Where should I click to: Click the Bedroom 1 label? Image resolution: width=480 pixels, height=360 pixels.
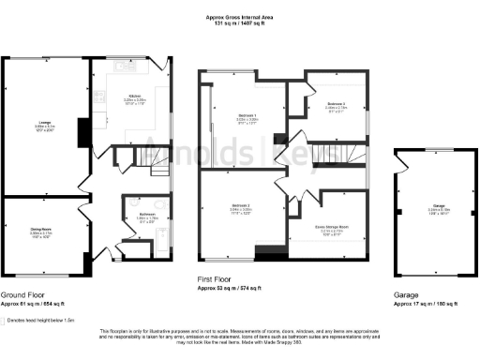tap(246, 117)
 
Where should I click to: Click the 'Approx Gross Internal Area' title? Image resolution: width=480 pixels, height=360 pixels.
tap(240, 16)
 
